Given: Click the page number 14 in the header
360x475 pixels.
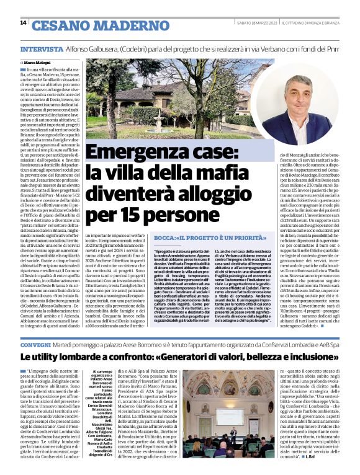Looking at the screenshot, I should (23, 23).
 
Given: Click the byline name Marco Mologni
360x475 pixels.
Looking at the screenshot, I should (38, 63).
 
